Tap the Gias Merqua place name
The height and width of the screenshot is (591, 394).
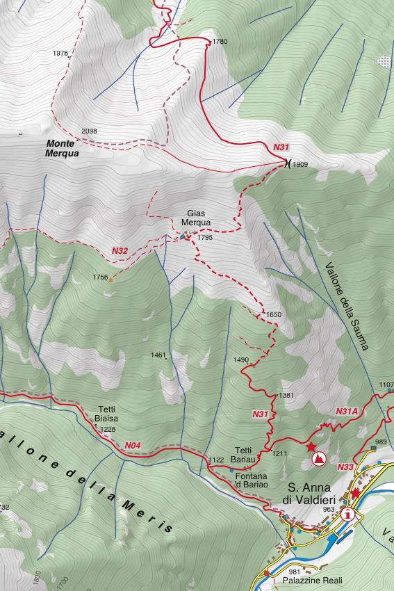[x=195, y=218]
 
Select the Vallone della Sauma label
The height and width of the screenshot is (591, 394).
[x=346, y=306]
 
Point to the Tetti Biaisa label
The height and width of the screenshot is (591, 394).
[x=106, y=414]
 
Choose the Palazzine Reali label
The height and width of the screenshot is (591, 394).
[x=313, y=580]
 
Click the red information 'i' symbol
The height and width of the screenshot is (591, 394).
[x=347, y=515]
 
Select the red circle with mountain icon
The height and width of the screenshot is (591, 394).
[x=318, y=458]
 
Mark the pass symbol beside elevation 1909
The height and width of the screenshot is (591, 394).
[x=286, y=164]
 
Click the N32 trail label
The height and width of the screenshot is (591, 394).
[x=120, y=250]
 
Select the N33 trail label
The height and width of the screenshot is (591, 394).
[x=345, y=468]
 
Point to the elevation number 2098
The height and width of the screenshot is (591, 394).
[x=89, y=131]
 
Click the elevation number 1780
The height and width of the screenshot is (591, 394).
[x=220, y=42]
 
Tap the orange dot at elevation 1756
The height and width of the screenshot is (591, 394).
[x=111, y=278]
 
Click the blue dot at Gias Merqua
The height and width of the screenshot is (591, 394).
[x=183, y=237]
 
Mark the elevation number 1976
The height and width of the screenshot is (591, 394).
[x=60, y=54]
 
